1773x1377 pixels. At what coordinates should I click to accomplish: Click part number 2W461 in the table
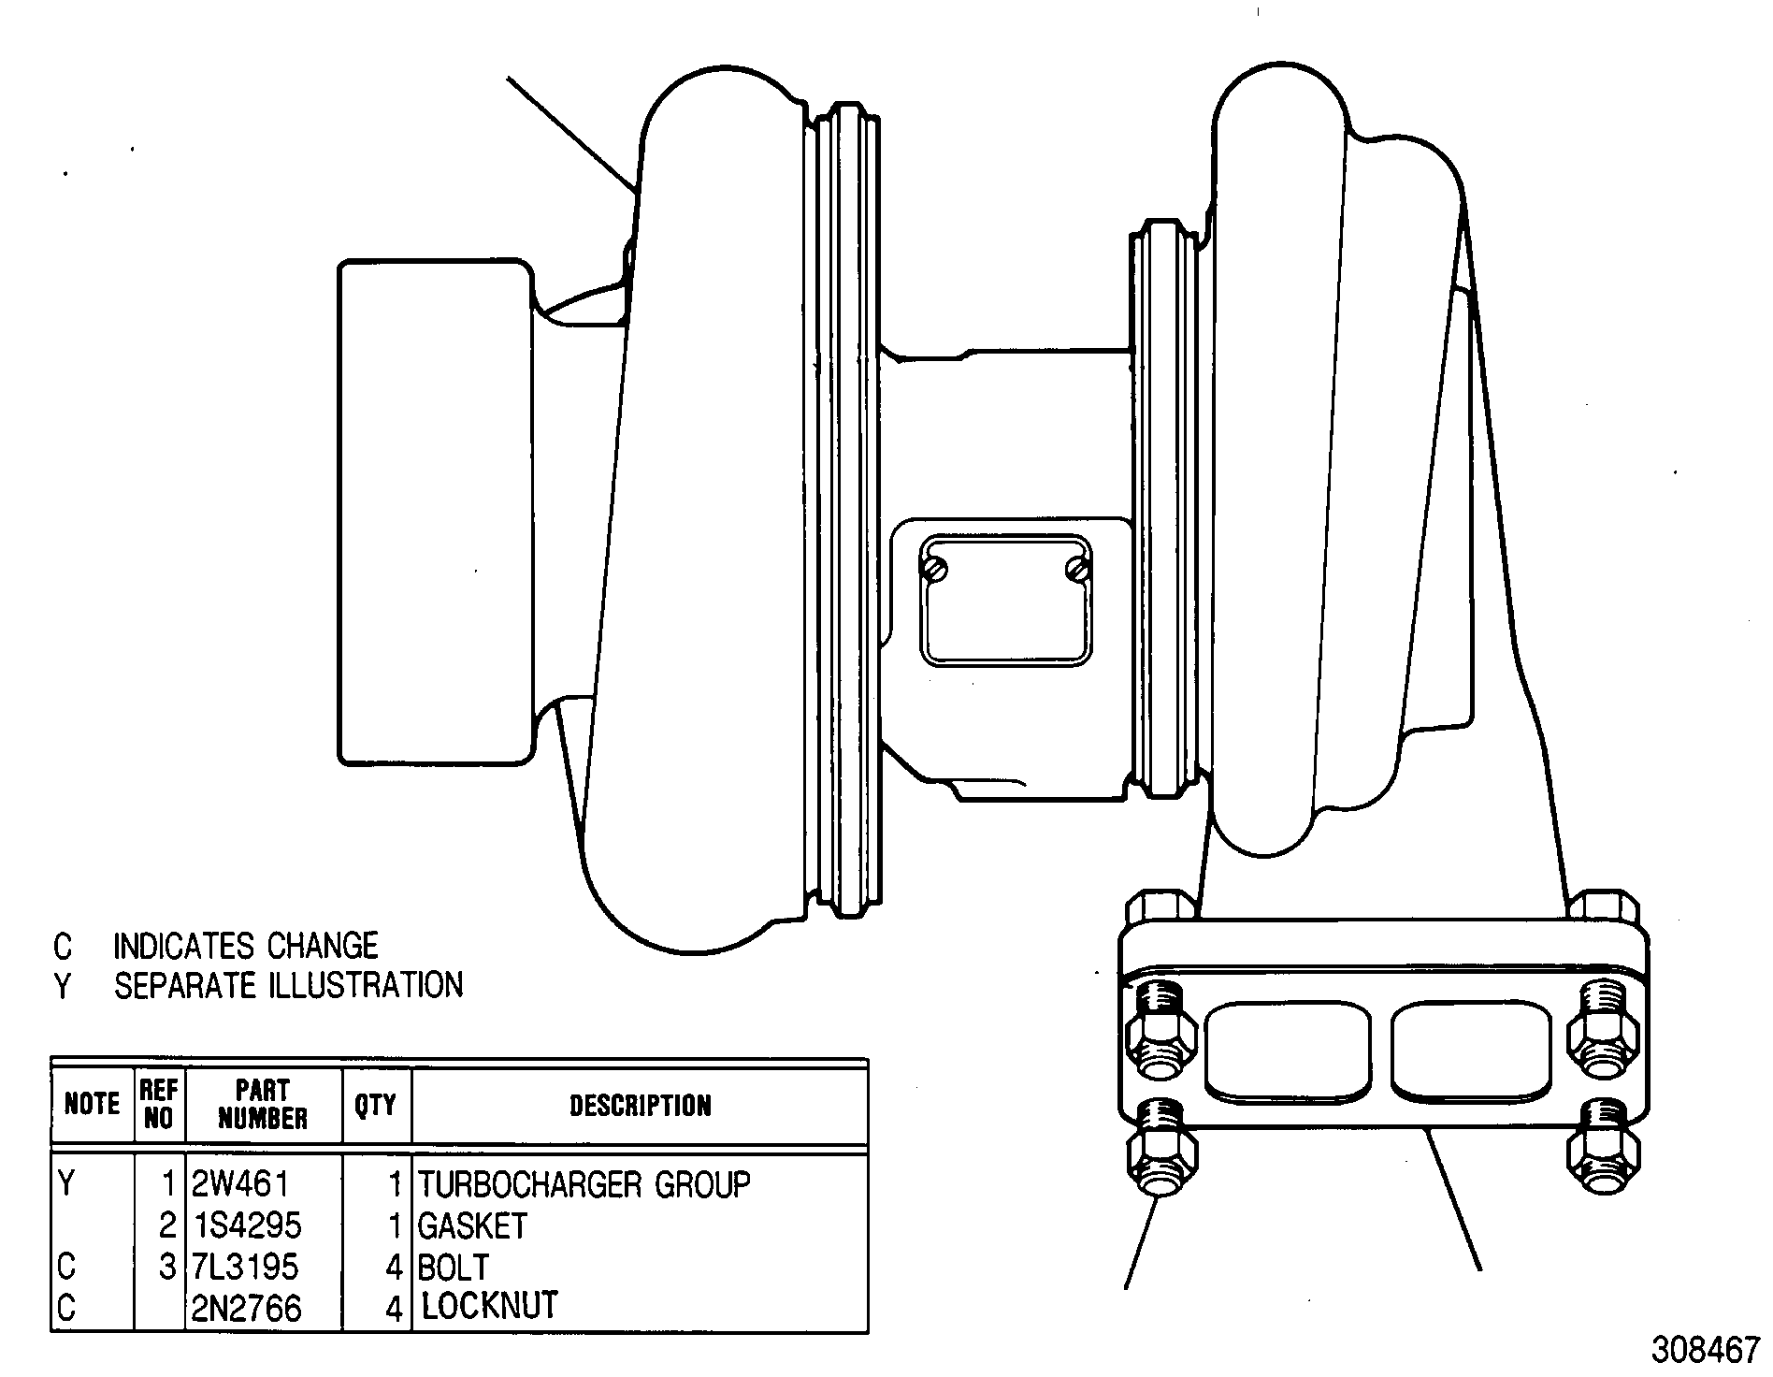240,1184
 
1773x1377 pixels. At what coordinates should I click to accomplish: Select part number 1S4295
247,1225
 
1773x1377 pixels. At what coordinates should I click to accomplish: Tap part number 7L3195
245,1267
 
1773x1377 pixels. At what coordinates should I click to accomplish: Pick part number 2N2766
247,1308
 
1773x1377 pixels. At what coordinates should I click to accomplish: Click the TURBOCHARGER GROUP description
584,1184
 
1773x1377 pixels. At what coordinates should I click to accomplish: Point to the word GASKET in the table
473,1225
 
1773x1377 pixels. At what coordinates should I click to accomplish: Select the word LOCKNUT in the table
490,1306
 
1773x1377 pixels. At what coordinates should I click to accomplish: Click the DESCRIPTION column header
641,1106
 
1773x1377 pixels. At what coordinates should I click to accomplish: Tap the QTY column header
375,1106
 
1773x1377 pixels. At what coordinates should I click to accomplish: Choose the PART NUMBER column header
263,1105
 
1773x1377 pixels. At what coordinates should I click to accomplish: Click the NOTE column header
92,1105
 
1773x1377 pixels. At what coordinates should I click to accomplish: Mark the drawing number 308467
1706,1351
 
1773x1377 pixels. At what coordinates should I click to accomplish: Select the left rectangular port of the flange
1288,1051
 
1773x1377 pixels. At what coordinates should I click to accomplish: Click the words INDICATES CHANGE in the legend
246,946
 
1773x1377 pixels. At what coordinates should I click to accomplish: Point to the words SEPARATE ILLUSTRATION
288,985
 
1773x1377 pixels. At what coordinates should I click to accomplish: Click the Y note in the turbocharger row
65,1184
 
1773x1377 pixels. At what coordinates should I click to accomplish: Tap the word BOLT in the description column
454,1268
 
